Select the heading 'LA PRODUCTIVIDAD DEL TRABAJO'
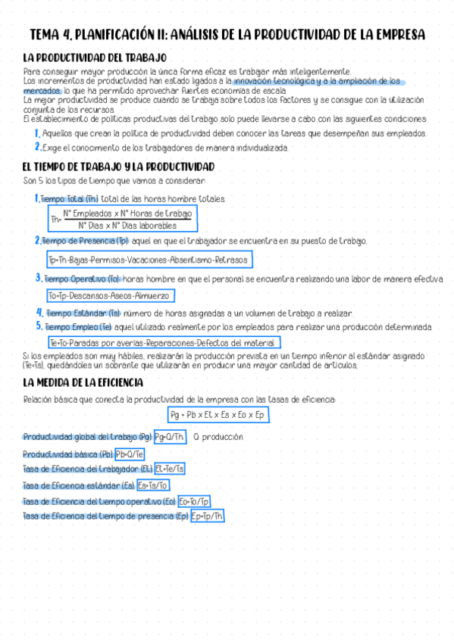[95, 58]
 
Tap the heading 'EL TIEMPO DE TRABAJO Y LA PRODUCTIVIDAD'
[119, 167]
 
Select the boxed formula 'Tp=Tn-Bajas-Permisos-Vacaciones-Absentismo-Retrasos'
[148, 260]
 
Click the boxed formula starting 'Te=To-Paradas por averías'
[164, 343]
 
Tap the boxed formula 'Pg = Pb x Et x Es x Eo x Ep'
[218, 415]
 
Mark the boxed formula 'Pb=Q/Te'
[130, 454]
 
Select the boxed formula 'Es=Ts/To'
[153, 485]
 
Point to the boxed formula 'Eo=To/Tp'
[195, 501]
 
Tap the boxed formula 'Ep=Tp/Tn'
[207, 516]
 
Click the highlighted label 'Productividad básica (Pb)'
[68, 454]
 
